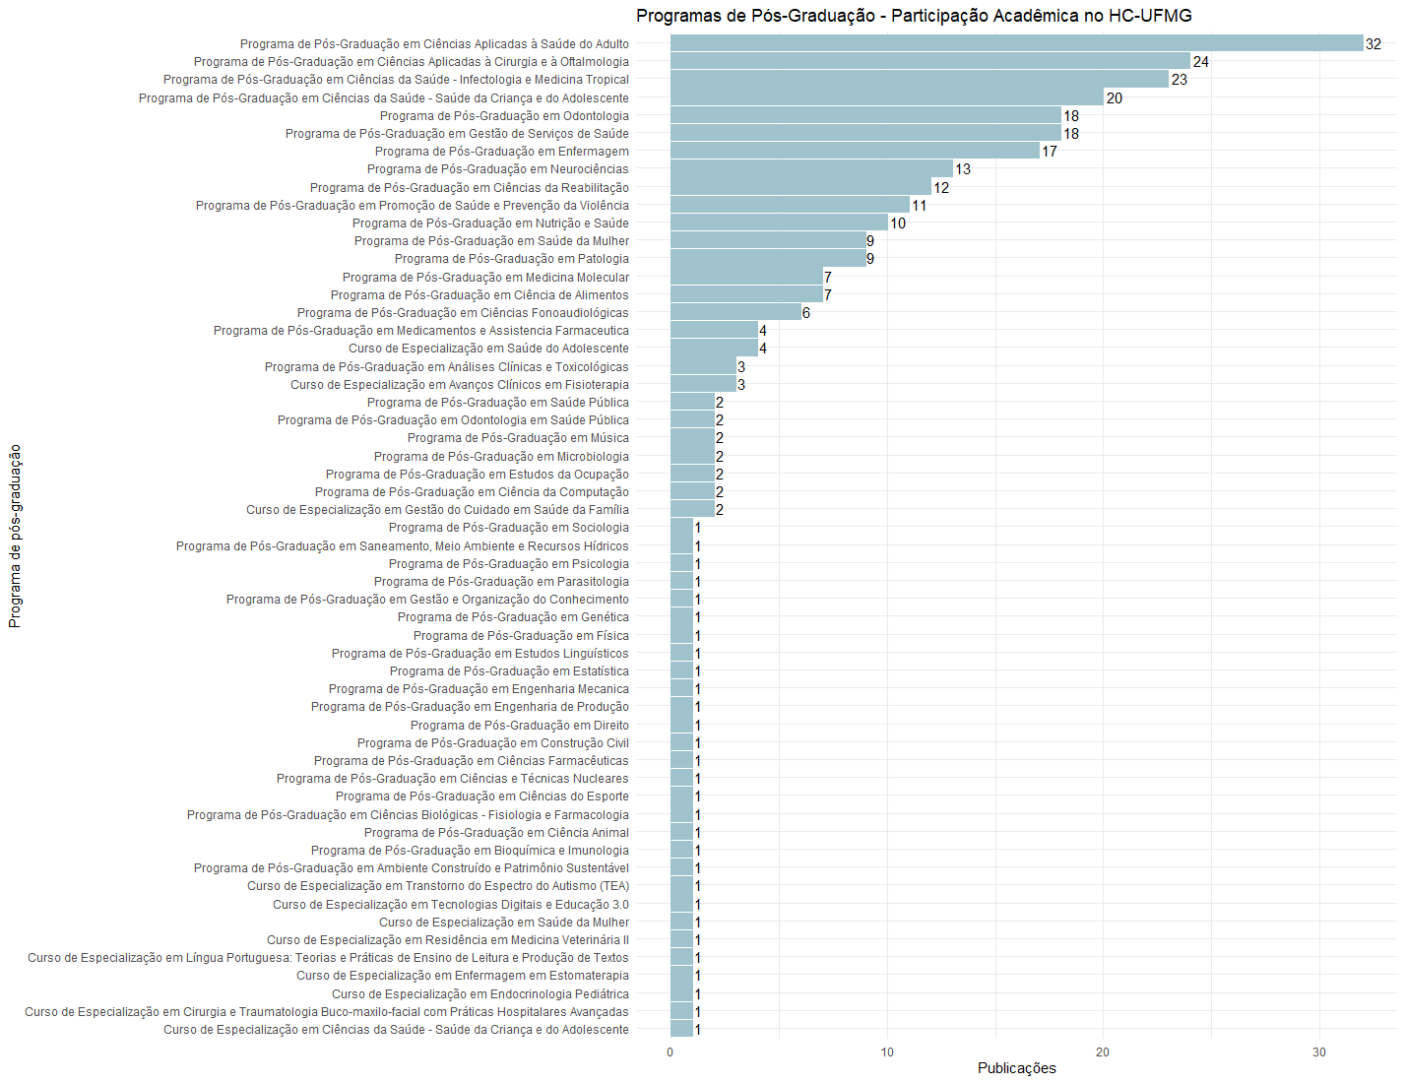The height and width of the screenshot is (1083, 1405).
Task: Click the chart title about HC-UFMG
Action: (914, 16)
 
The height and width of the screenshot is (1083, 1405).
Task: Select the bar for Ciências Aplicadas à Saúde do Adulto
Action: (1016, 43)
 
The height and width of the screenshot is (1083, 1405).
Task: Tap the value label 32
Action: (1373, 44)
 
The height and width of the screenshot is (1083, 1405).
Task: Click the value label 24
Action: (1200, 62)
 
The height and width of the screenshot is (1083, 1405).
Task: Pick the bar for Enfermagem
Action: (855, 151)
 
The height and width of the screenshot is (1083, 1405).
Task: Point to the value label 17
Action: (1050, 152)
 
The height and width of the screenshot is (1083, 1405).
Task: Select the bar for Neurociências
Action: (811, 169)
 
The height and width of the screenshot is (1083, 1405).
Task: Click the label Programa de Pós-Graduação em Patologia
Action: (511, 259)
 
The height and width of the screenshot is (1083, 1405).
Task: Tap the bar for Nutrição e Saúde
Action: (779, 223)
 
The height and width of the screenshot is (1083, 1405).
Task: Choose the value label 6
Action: (806, 313)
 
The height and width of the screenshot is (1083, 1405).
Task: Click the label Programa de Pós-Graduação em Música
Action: (518, 438)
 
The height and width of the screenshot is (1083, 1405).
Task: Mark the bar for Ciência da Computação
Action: (692, 491)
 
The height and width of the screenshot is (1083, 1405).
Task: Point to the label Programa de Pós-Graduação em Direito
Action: (519, 726)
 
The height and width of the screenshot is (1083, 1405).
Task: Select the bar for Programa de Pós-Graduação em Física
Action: (681, 635)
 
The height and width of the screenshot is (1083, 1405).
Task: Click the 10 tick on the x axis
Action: (887, 1052)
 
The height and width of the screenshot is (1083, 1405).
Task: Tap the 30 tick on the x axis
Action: (1319, 1052)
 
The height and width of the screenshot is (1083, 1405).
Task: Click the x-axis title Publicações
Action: (1016, 1068)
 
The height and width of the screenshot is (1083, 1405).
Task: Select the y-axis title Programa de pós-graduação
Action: (15, 536)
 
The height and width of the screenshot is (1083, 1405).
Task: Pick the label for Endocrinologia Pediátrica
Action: (479, 994)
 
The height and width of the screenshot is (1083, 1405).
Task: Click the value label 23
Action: (1179, 80)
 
